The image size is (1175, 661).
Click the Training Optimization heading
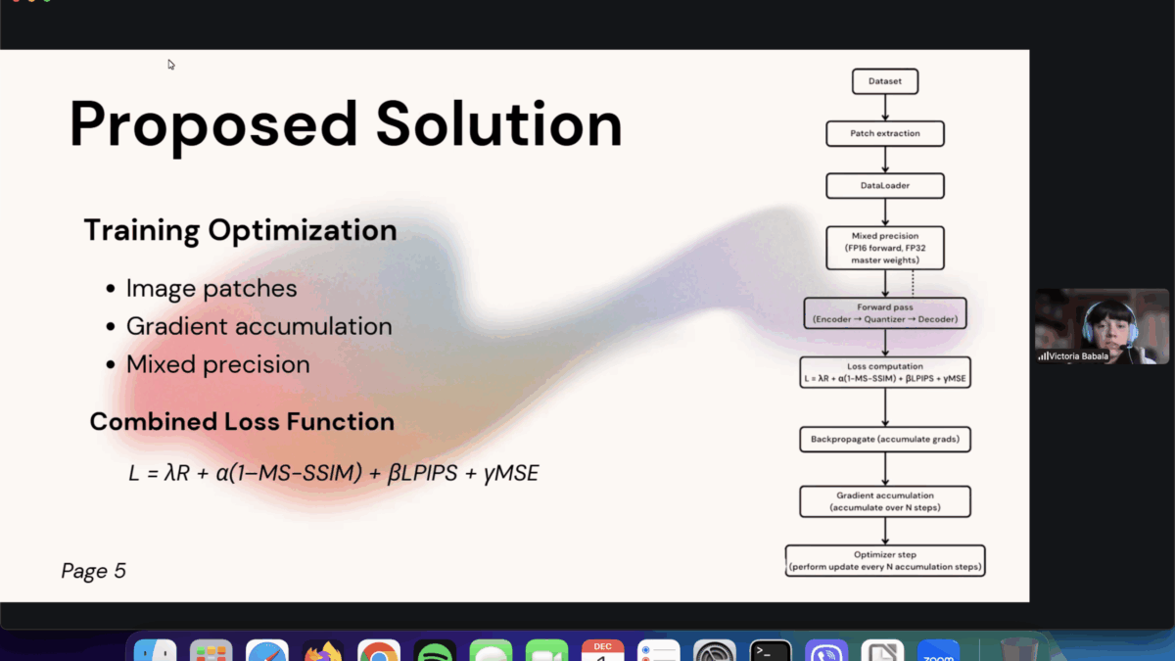pos(240,230)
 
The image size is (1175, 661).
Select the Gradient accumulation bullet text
pos(258,326)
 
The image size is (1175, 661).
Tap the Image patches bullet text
pos(211,288)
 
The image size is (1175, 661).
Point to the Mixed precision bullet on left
pos(217,364)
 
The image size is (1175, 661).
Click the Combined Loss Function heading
pos(242,421)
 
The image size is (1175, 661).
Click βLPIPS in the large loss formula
pos(423,474)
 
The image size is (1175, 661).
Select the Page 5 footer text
pos(93,571)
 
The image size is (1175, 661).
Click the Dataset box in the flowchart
pos(884,81)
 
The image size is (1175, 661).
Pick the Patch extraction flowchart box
pos(884,133)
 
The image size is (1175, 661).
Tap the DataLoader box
pos(884,185)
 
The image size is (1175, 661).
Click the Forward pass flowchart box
pos(884,313)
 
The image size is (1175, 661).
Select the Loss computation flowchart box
pos(884,372)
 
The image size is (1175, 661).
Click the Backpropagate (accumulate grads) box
pos(884,440)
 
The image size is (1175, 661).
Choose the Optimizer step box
pos(884,560)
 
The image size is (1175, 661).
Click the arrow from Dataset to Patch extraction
pos(885,108)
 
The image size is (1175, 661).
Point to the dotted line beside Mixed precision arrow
pos(913,284)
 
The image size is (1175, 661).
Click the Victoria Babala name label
pos(1079,356)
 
